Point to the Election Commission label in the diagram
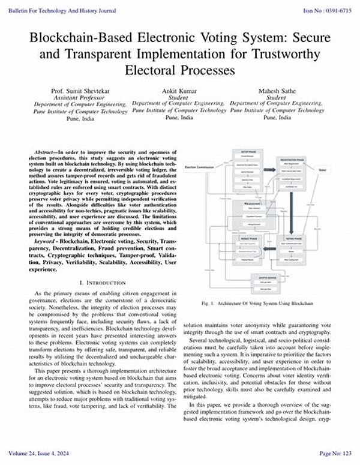200,166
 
